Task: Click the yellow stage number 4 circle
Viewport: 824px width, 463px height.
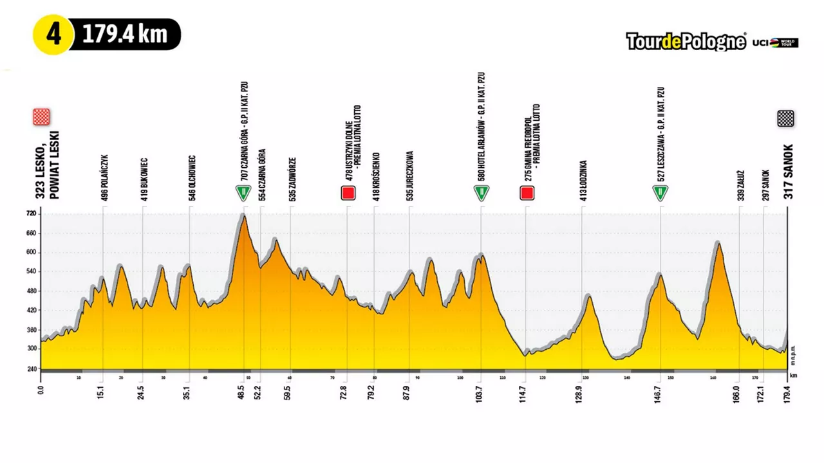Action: pyautogui.click(x=52, y=34)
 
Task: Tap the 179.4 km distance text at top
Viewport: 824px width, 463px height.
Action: pyautogui.click(x=125, y=35)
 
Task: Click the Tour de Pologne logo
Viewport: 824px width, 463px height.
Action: pyautogui.click(x=686, y=42)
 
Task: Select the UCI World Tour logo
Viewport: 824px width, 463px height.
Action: pyautogui.click(x=776, y=42)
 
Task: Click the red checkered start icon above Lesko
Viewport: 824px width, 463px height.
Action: pyautogui.click(x=41, y=116)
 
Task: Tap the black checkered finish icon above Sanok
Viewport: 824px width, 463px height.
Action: pyautogui.click(x=785, y=118)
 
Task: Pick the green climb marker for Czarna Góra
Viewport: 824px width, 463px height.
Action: pyautogui.click(x=243, y=192)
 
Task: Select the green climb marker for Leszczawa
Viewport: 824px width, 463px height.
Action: pyautogui.click(x=660, y=192)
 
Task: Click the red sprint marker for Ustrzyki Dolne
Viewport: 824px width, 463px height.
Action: pyautogui.click(x=348, y=192)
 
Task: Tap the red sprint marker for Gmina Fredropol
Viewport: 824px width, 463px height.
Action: pyautogui.click(x=527, y=192)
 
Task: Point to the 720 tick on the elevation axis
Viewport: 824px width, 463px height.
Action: pyautogui.click(x=30, y=213)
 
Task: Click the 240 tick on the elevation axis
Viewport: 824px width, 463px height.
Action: pyautogui.click(x=30, y=368)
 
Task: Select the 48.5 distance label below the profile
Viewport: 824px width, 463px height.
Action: pyautogui.click(x=241, y=392)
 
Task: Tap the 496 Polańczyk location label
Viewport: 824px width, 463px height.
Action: pyautogui.click(x=105, y=178)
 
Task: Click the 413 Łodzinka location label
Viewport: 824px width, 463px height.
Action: pyautogui.click(x=583, y=181)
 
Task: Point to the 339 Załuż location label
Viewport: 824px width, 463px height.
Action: pyautogui.click(x=740, y=185)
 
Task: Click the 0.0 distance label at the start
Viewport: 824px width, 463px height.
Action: pyautogui.click(x=41, y=390)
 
